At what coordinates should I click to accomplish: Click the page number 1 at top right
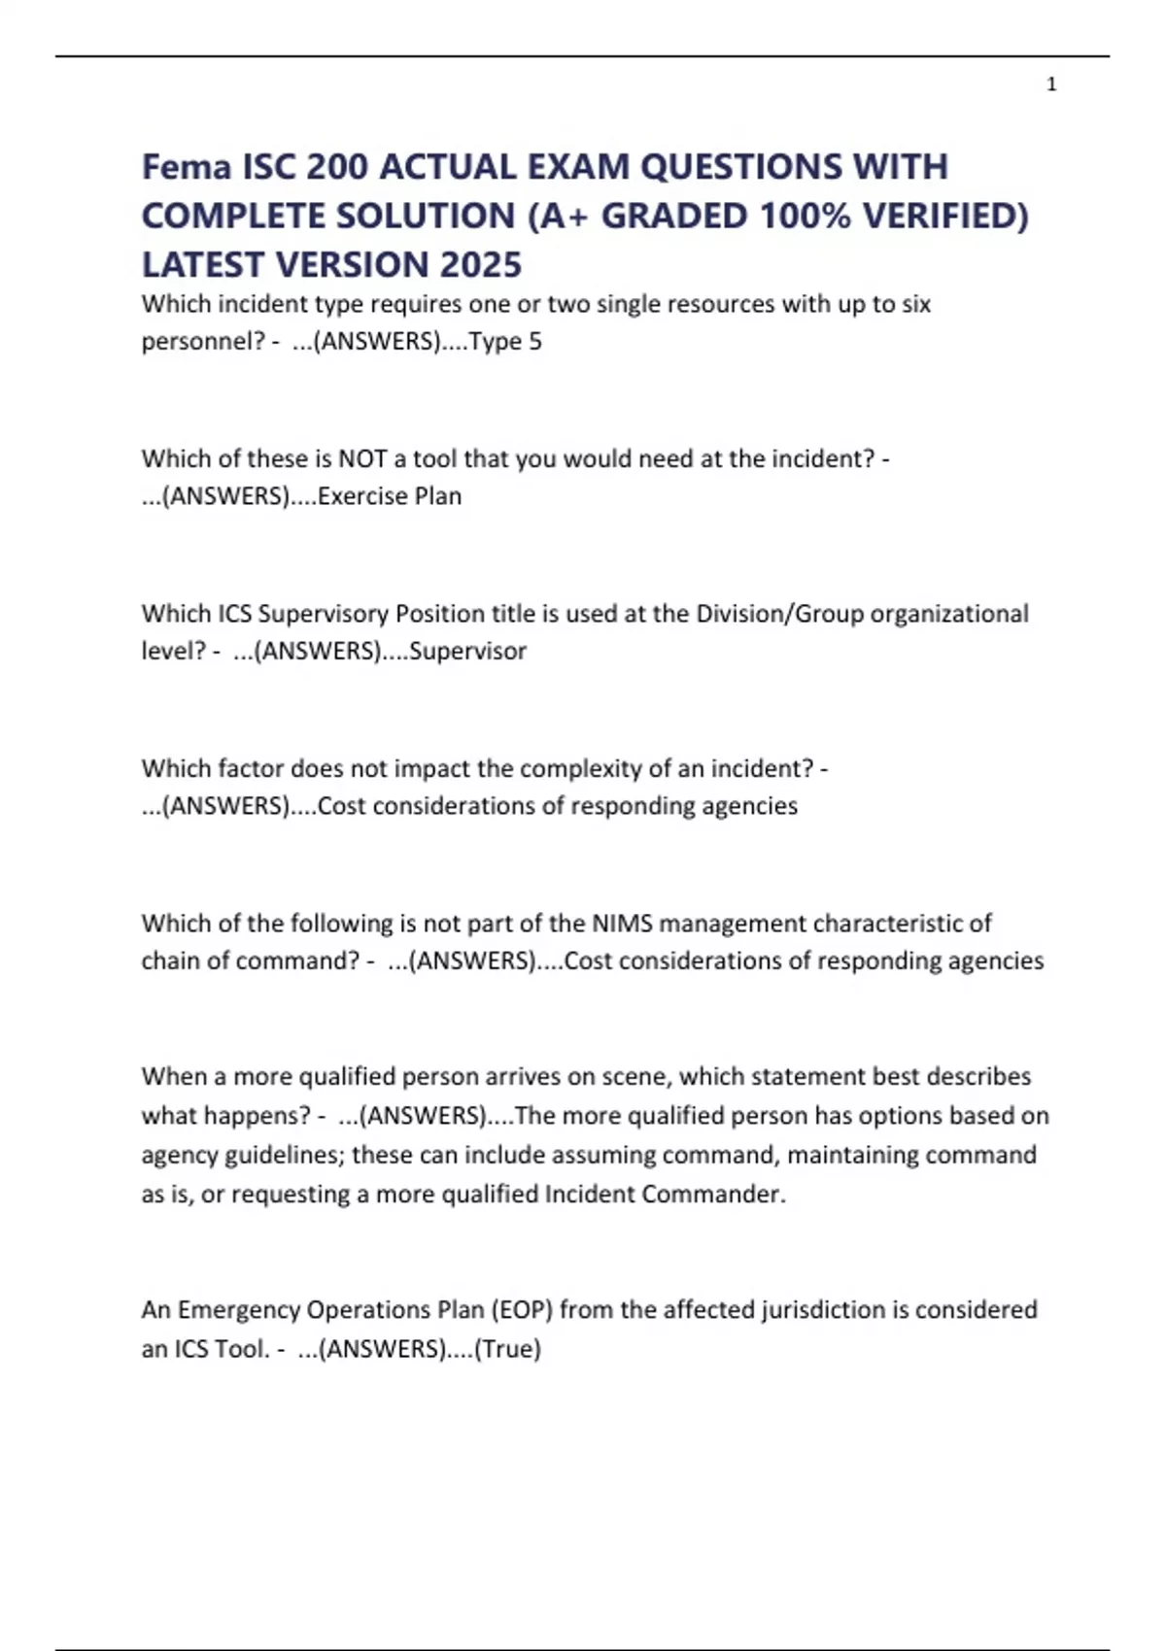(1051, 84)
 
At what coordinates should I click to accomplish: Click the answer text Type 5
(505, 342)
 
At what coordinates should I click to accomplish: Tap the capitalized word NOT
(362, 458)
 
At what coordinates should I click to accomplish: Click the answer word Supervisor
(467, 651)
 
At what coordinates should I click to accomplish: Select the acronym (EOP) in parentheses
(522, 1310)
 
